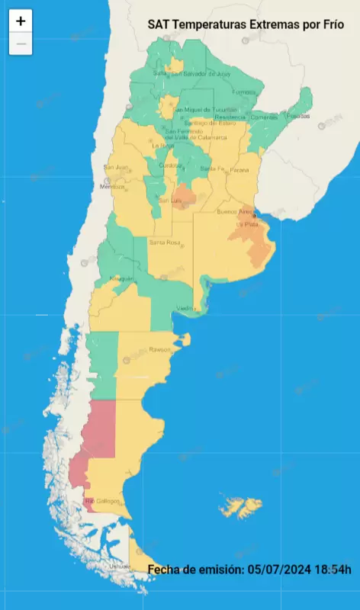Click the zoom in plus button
click(x=21, y=21)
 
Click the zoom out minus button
click(x=21, y=43)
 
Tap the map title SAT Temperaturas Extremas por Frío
click(x=246, y=25)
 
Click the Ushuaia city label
click(x=119, y=567)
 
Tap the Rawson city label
click(x=161, y=350)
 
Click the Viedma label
click(x=187, y=308)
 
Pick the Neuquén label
click(x=122, y=279)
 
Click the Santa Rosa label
click(x=164, y=242)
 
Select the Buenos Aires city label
click(x=234, y=211)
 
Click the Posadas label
click(x=298, y=116)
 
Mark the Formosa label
click(x=244, y=92)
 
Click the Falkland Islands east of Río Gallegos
click(x=240, y=506)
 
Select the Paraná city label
click(x=239, y=169)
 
